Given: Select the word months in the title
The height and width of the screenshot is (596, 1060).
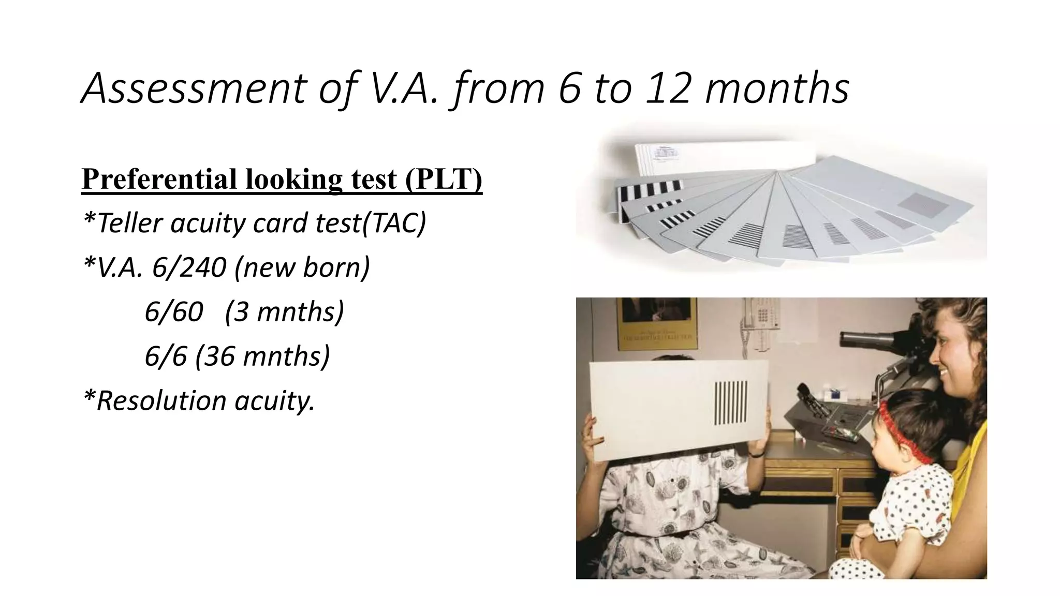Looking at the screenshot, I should (776, 88).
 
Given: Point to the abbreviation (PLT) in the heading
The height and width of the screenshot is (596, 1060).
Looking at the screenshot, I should (444, 179).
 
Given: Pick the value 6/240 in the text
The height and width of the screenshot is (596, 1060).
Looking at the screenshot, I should (188, 267).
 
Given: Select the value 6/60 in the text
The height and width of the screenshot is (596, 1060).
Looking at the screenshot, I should (174, 312).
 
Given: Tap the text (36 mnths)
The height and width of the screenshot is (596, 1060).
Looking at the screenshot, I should (262, 356).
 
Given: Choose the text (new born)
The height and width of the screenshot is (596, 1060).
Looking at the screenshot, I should (302, 267).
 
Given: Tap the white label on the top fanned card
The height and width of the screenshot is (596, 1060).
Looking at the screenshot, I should (668, 153).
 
